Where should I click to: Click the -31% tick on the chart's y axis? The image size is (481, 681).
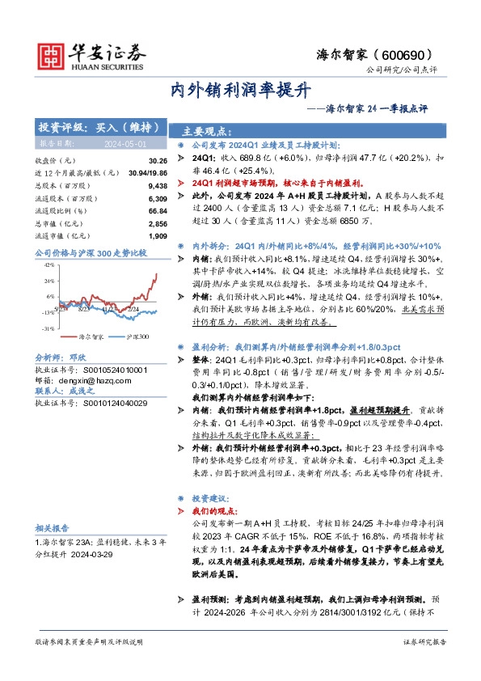tap(48, 328)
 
